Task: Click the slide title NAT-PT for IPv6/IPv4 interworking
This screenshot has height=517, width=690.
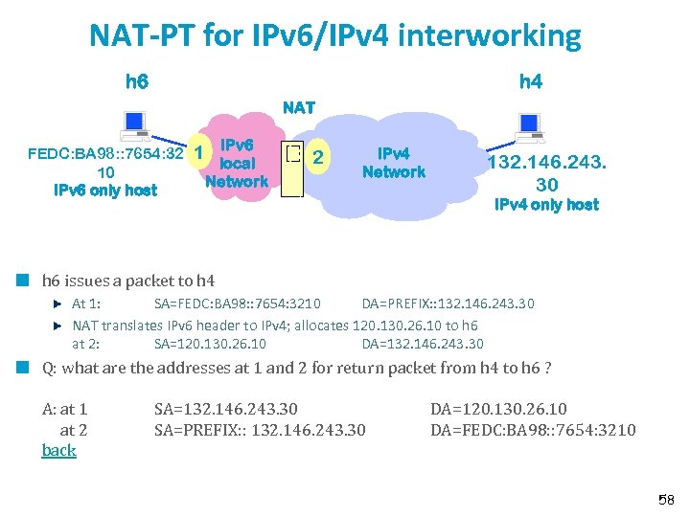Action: (x=335, y=36)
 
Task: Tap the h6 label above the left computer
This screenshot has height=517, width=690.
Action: (x=137, y=81)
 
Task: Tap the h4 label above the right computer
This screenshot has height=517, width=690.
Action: (x=530, y=81)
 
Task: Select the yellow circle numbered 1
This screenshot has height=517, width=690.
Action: (x=197, y=151)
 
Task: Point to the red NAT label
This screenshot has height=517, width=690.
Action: (x=299, y=108)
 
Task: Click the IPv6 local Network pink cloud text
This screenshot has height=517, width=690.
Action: (x=237, y=163)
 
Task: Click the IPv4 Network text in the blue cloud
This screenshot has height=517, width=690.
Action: (x=393, y=163)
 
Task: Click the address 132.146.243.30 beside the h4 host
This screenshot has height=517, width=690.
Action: (x=546, y=173)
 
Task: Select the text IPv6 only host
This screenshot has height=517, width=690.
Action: (x=105, y=190)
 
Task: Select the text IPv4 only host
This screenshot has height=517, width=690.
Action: (x=545, y=204)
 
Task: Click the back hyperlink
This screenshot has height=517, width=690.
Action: (x=58, y=450)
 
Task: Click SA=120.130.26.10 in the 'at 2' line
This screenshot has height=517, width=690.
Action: (x=210, y=344)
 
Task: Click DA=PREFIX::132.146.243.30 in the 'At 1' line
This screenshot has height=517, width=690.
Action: (x=448, y=303)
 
